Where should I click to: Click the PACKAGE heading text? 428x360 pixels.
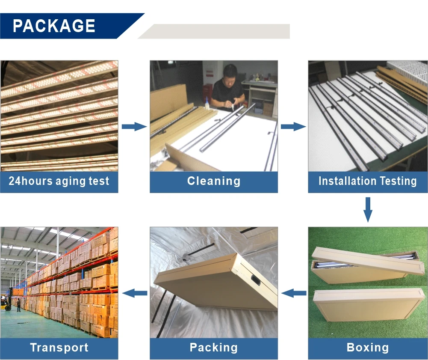point(54,26)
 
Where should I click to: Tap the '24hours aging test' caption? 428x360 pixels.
point(59,181)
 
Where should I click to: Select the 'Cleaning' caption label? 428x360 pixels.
point(214,181)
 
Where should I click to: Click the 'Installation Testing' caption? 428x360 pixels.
point(368,181)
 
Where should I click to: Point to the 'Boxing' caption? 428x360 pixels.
point(368,348)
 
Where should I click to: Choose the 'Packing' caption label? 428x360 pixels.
point(214,348)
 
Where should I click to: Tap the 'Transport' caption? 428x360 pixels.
point(59,348)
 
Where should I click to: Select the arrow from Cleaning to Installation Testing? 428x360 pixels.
point(293,126)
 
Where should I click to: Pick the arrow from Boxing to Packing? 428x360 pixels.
point(294,293)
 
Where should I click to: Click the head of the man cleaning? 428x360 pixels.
point(230,72)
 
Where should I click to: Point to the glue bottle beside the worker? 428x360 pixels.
point(207,102)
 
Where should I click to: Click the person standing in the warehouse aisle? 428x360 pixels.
point(18,305)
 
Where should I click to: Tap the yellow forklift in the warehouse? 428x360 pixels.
point(5,302)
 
